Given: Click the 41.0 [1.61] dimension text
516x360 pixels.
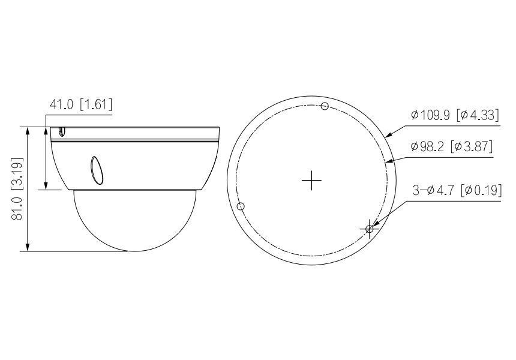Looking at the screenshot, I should pos(80,104).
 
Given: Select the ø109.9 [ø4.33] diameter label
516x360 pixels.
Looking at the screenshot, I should pos(454,115).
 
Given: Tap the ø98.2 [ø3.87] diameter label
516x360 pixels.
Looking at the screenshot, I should pos(452,146).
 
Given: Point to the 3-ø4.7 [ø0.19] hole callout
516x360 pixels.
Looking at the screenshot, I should pos(457,190).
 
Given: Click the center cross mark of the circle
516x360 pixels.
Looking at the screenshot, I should pos(311,180).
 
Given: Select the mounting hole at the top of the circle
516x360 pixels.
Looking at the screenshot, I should pos(325,107).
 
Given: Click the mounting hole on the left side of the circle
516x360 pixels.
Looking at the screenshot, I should pos(241,206).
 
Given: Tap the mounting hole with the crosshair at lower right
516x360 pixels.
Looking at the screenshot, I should pos(370,229).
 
